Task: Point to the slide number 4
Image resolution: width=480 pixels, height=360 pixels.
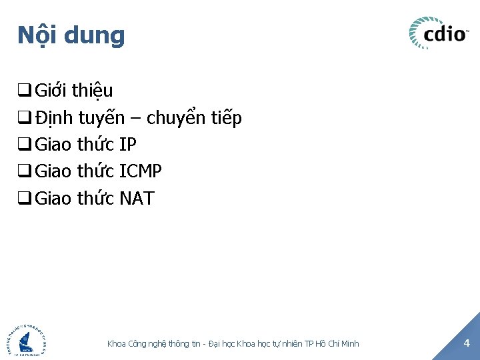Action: (466, 343)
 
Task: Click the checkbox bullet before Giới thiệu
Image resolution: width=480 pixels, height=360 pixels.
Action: (25, 91)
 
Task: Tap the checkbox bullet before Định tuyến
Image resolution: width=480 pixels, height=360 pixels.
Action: (25, 119)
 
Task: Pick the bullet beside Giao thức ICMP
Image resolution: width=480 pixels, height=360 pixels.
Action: (25, 172)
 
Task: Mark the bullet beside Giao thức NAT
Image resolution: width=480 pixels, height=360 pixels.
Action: (25, 199)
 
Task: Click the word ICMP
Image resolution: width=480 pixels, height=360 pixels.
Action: (140, 171)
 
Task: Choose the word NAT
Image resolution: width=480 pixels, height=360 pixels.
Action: (137, 198)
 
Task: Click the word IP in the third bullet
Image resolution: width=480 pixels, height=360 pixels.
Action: (127, 145)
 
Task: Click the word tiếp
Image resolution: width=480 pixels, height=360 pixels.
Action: (226, 119)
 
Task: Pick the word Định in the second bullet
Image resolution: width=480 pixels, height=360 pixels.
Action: (54, 119)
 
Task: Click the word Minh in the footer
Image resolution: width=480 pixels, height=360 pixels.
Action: (349, 343)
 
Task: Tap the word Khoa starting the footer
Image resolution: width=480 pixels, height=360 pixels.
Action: (117, 343)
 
